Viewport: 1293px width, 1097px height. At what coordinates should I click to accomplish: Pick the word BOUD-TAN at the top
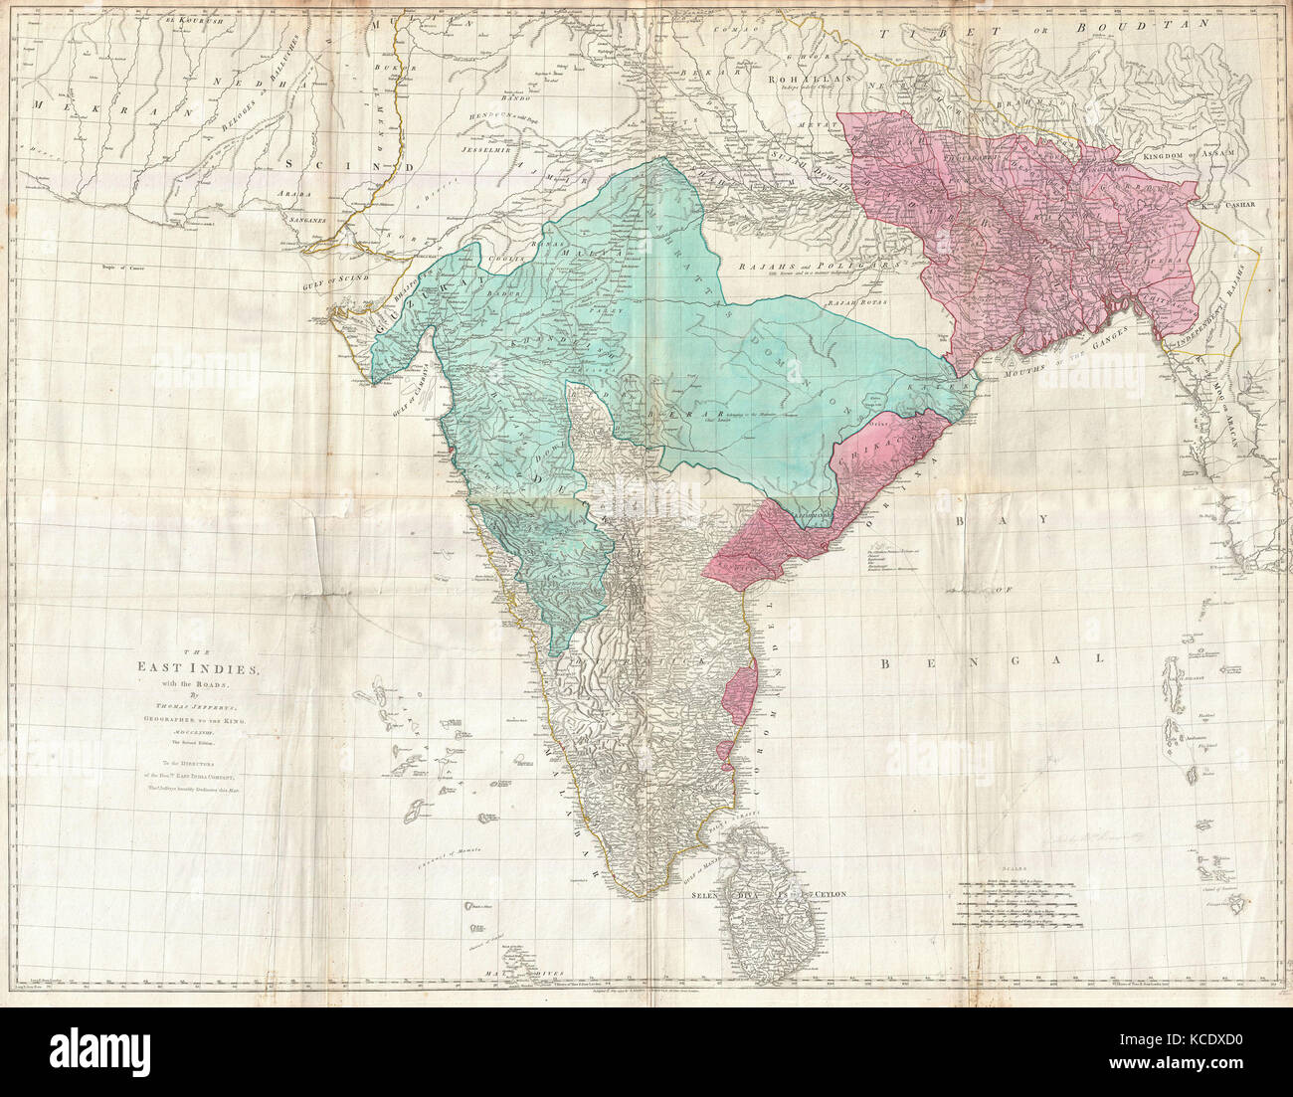point(1069,34)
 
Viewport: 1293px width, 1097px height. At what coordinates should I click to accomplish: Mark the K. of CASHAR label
point(1228,203)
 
